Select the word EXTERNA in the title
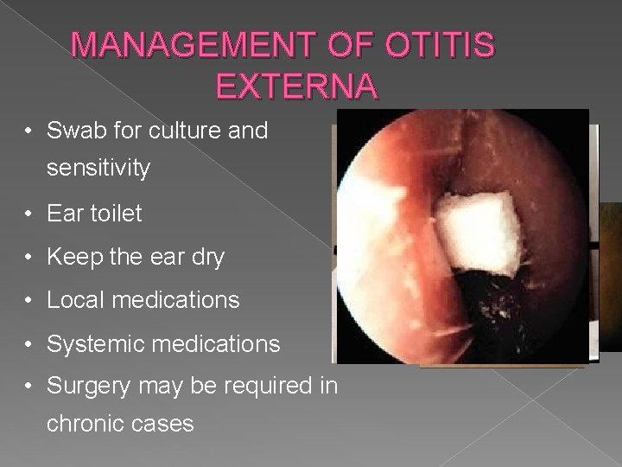[x=296, y=86]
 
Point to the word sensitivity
[x=98, y=169]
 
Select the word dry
[x=206, y=258]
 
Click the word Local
[x=75, y=300]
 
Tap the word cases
[x=165, y=424]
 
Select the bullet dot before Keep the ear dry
[x=29, y=258]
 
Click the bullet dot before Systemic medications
[x=29, y=344]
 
